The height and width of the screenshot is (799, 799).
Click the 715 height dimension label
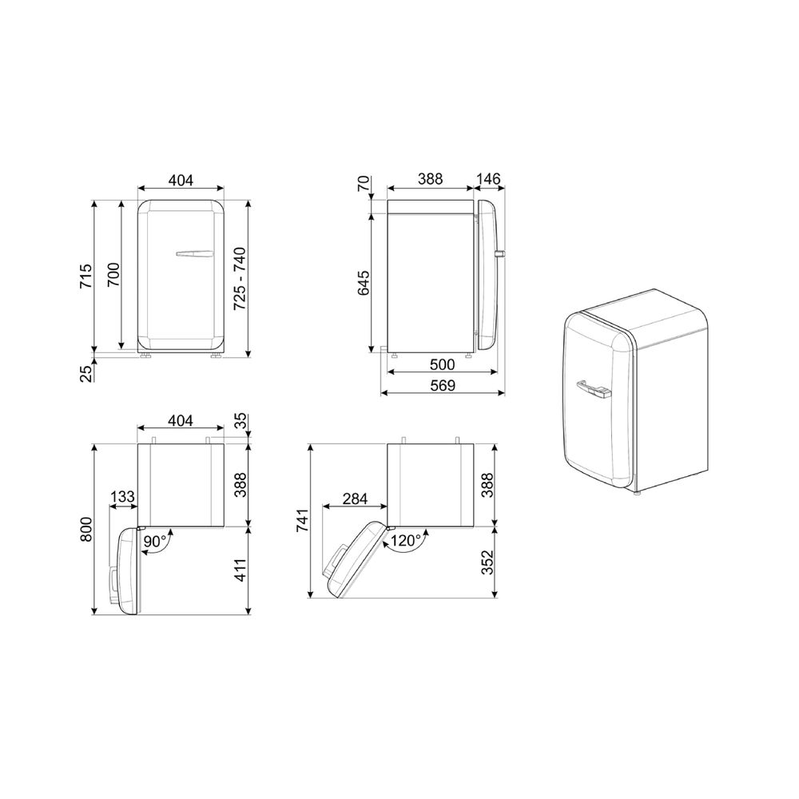pos(86,276)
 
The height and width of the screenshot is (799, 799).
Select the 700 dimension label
pos(113,275)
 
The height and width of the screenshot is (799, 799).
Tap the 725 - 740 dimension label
pos(240,278)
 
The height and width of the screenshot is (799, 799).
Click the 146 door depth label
pos(489,179)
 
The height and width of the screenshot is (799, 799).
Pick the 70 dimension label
pos(364,184)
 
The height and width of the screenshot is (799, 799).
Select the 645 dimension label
pos(364,284)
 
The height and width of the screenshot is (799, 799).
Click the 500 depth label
pos(443,364)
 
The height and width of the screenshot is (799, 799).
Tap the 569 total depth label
pos(443,385)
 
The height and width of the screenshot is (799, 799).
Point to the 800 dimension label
pos(86,530)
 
